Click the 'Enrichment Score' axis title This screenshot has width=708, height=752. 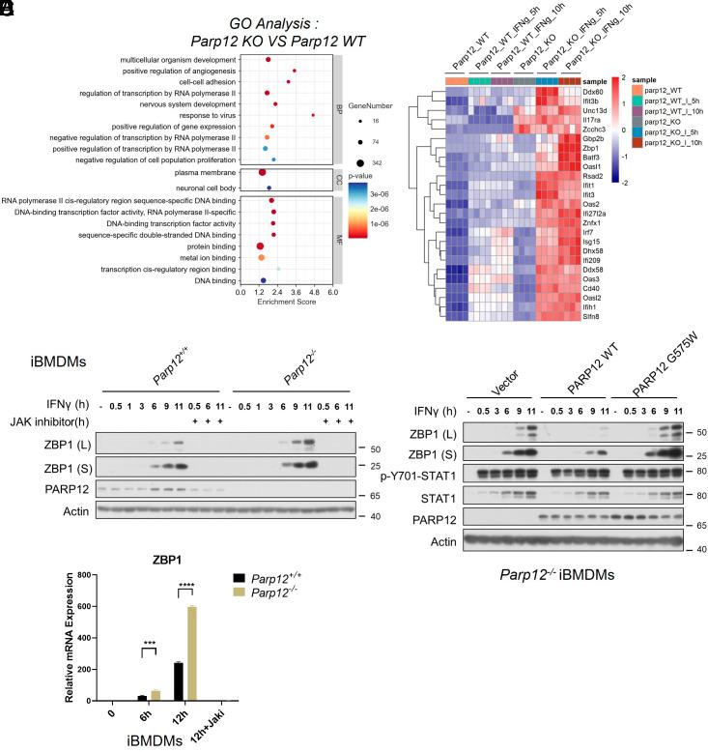287,303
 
